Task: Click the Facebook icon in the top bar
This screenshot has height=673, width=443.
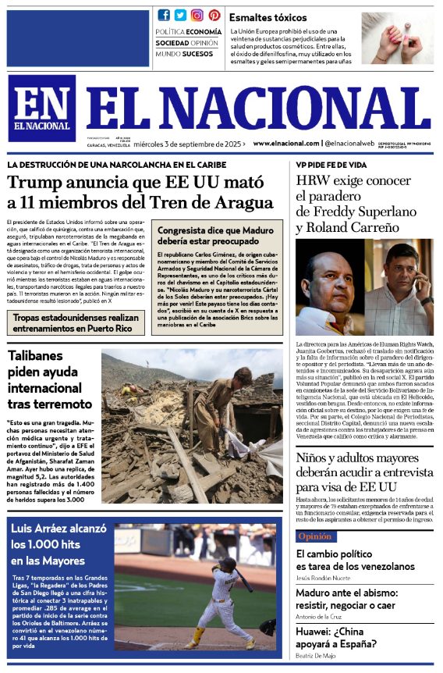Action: point(163,15)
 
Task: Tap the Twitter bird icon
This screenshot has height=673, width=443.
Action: point(180,15)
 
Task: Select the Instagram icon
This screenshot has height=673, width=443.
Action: point(197,15)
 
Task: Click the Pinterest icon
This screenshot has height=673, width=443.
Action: point(214,15)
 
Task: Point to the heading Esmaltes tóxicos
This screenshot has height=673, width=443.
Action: point(268,17)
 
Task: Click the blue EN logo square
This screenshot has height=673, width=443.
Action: point(42,108)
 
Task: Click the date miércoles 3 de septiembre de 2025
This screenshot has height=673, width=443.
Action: point(200,144)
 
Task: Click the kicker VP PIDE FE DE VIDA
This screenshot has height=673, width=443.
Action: point(331,165)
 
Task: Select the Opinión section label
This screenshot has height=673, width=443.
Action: point(315,536)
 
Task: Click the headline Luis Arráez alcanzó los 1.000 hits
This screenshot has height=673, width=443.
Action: point(58,544)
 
